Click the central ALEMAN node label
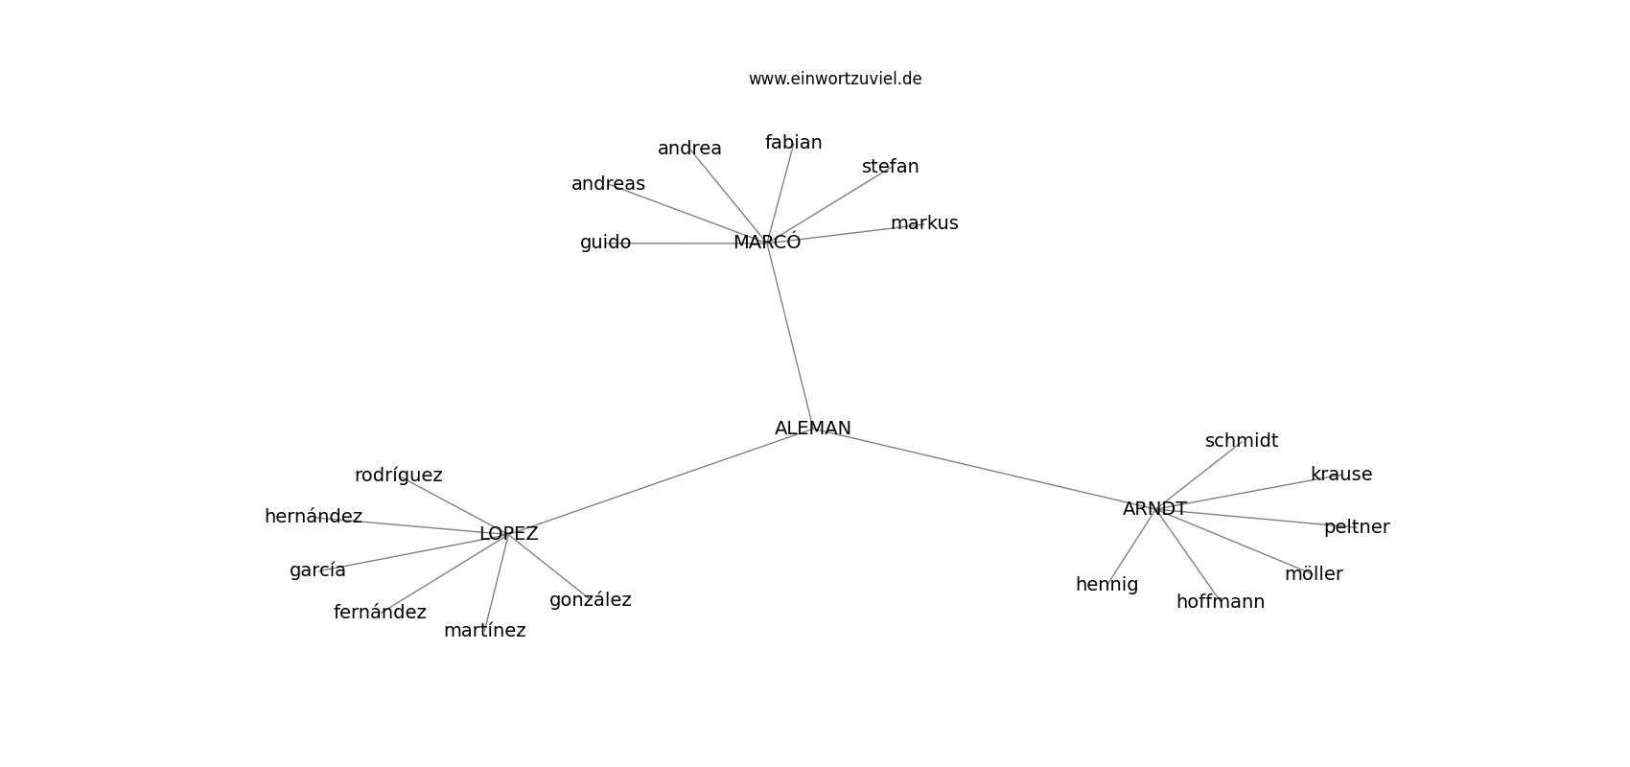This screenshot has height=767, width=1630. coord(813,429)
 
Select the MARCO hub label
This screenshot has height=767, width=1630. coord(767,243)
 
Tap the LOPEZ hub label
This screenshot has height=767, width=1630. coord(508,533)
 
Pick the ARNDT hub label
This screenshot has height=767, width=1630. coord(1154,509)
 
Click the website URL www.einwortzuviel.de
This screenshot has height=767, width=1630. coord(835,79)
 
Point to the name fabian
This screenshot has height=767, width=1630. coord(793,143)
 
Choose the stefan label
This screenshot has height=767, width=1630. coord(890,167)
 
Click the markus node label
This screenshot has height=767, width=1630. coord(924,222)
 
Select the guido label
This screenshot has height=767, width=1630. coord(605,243)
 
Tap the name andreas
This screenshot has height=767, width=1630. coord(608,183)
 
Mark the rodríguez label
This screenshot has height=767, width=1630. coord(398,476)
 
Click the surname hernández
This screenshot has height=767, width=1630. coord(313,516)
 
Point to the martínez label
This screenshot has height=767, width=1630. coord(484,630)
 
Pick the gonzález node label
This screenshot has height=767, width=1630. coord(590,599)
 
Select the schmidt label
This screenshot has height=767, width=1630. coord(1242,441)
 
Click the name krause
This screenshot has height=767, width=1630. coord(1341,475)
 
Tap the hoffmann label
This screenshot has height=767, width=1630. coord(1221,602)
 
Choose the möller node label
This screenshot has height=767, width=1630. coord(1314,574)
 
